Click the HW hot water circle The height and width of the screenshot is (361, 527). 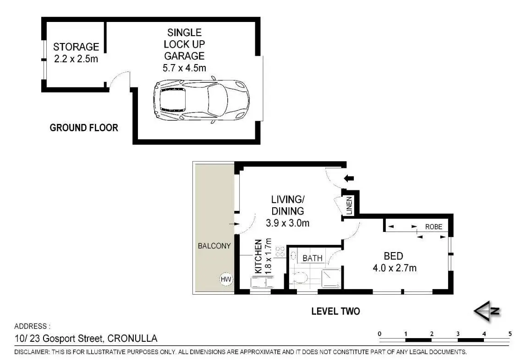click(x=226, y=279)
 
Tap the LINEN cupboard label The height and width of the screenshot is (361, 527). click(x=349, y=205)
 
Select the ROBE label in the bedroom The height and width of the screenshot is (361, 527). click(x=434, y=227)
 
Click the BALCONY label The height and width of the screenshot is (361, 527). click(x=214, y=246)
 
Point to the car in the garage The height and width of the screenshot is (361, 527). click(x=201, y=100)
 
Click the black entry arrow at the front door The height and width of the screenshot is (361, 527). click(x=349, y=178)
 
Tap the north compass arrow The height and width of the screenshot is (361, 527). click(x=487, y=311)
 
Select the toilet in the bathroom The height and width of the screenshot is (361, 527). click(x=300, y=277)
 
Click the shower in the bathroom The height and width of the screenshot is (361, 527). click(x=331, y=279)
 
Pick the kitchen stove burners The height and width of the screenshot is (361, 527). click(x=280, y=252)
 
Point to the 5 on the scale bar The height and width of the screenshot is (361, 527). click(x=510, y=334)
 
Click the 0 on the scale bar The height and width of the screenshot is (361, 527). click(x=380, y=334)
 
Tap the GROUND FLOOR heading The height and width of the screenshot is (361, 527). click(x=84, y=128)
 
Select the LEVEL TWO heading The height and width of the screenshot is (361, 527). click(x=335, y=311)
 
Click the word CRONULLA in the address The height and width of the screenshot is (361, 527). click(x=132, y=338)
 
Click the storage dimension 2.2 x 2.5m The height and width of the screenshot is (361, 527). click(x=76, y=59)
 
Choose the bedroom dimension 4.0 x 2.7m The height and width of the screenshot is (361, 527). click(x=395, y=268)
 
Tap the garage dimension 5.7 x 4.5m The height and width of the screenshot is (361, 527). click(x=184, y=68)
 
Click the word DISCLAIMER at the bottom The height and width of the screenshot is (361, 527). click(x=32, y=352)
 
